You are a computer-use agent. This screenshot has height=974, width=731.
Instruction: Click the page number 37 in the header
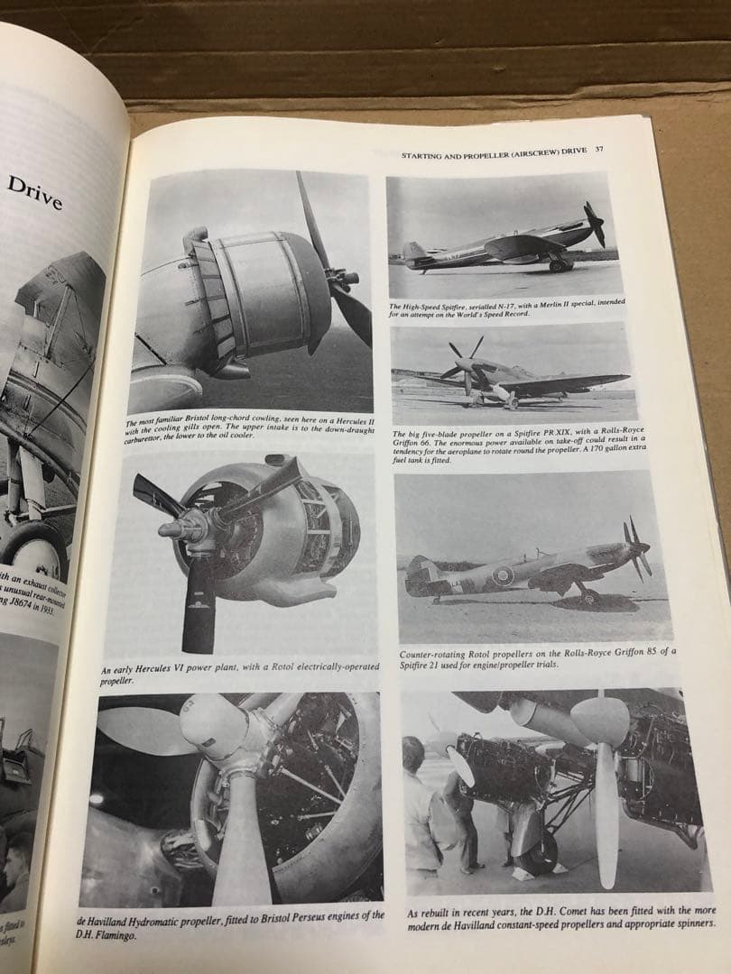(599, 150)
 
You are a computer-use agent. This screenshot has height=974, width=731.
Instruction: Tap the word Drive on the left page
(36, 191)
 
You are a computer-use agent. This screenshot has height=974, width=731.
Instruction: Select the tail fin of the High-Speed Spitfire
(412, 250)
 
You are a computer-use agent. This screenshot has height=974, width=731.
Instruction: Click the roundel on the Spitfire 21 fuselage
(502, 574)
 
